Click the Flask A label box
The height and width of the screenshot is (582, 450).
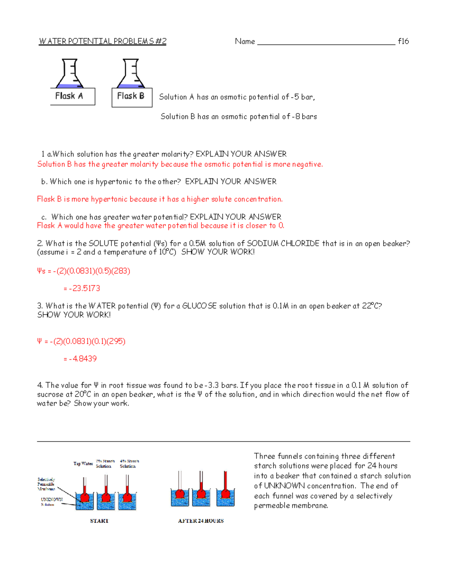coord(72,96)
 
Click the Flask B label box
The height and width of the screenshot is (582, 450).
coord(132,97)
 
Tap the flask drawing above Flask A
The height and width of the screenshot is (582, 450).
coord(70,73)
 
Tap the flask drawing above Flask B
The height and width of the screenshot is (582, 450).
coord(131,73)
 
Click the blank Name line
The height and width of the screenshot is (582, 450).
coord(326,42)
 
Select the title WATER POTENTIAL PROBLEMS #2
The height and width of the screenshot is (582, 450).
coord(102,41)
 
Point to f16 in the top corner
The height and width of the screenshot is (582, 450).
coord(403,41)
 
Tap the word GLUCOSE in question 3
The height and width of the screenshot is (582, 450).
coord(199,306)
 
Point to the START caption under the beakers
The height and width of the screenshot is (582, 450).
coord(99,521)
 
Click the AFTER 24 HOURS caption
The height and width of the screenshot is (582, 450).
coord(201,521)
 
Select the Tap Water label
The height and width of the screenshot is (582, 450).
coord(83,464)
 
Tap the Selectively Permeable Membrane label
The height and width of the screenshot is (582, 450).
coord(46,484)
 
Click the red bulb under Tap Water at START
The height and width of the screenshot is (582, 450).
coord(85,497)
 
